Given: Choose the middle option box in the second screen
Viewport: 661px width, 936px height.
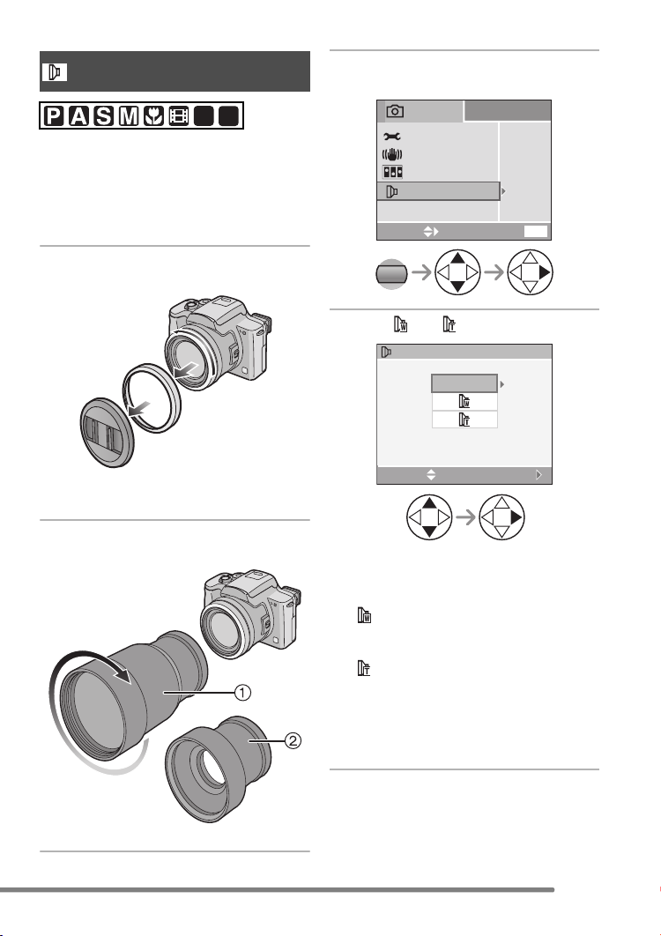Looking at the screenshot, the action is pyautogui.click(x=464, y=402).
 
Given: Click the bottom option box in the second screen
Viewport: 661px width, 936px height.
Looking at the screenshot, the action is pyautogui.click(x=464, y=420).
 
